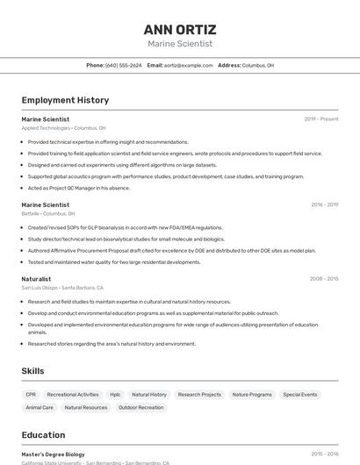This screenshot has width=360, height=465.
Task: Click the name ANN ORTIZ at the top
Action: (x=180, y=29)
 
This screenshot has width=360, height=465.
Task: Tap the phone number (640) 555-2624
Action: (x=123, y=65)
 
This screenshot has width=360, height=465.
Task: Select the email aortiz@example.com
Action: (x=188, y=65)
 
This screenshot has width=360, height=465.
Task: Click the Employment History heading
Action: (x=65, y=100)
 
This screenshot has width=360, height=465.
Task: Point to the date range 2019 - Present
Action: (x=321, y=118)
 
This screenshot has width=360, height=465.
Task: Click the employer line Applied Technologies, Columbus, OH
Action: (x=63, y=127)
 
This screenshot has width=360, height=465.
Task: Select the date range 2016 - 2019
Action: (x=324, y=204)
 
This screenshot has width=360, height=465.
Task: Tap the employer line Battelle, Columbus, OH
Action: (x=47, y=213)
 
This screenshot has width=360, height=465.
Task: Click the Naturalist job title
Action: (x=36, y=279)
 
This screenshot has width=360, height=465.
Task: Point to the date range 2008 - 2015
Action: (x=324, y=279)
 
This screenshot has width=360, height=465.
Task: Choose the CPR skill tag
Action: (x=31, y=395)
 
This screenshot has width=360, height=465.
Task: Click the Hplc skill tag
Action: (x=115, y=395)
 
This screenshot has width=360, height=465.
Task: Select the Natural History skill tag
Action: (x=149, y=395)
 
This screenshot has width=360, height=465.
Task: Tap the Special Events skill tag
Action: (x=300, y=395)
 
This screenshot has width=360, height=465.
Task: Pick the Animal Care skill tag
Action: (x=40, y=407)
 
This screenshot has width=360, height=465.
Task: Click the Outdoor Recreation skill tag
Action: (x=140, y=407)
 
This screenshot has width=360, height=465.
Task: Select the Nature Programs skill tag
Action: (x=252, y=395)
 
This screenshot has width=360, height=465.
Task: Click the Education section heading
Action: (x=43, y=435)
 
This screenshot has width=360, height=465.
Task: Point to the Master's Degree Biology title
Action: (x=53, y=454)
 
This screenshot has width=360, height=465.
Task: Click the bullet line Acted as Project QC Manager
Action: (x=78, y=188)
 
